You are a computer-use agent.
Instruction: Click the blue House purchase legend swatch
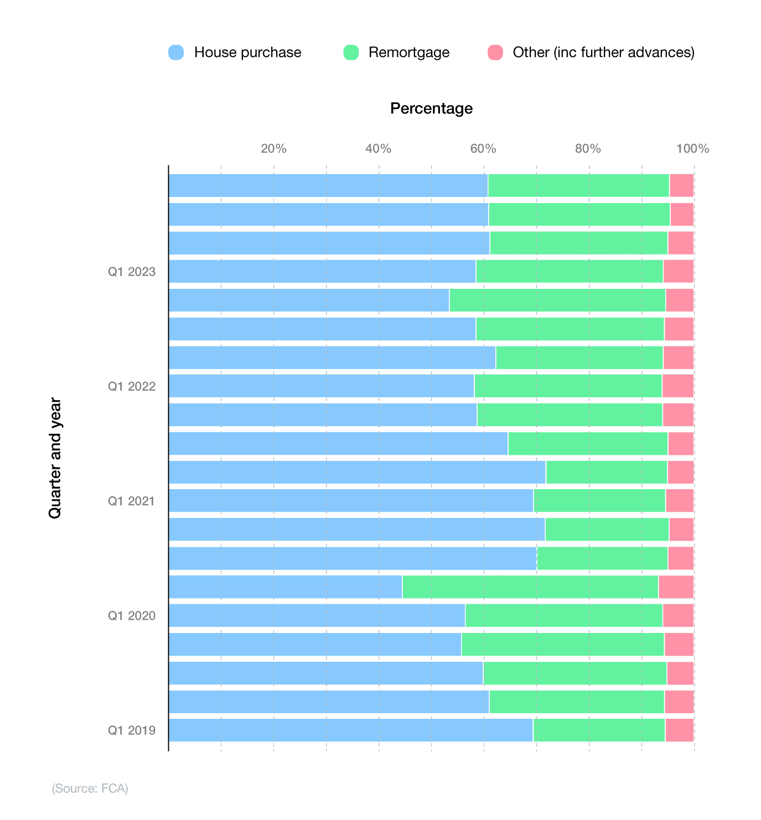(x=176, y=53)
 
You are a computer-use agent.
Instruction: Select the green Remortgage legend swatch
(x=351, y=53)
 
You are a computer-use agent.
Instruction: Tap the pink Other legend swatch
(x=495, y=53)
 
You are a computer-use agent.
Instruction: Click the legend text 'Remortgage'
(x=408, y=53)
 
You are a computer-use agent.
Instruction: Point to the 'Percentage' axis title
(x=431, y=108)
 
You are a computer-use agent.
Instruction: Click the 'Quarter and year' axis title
(x=55, y=458)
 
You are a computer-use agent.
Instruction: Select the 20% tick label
(x=273, y=149)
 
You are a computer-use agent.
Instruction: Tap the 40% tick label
(x=379, y=149)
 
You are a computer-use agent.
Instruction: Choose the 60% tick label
(x=483, y=149)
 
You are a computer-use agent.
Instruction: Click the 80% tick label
(x=588, y=149)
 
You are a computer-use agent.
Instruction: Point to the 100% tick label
(x=692, y=149)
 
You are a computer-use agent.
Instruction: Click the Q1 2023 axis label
(x=132, y=272)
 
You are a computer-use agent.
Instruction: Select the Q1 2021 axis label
(x=132, y=501)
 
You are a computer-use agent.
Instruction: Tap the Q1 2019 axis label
(x=132, y=730)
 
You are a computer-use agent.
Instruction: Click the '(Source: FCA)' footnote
(x=90, y=788)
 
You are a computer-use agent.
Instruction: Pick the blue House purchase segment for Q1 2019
(x=350, y=730)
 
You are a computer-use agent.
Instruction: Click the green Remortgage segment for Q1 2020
(x=563, y=616)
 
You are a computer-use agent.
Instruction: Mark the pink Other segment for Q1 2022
(x=677, y=386)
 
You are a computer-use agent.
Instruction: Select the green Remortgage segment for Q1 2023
(x=569, y=272)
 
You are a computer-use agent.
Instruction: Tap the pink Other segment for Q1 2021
(x=679, y=501)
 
